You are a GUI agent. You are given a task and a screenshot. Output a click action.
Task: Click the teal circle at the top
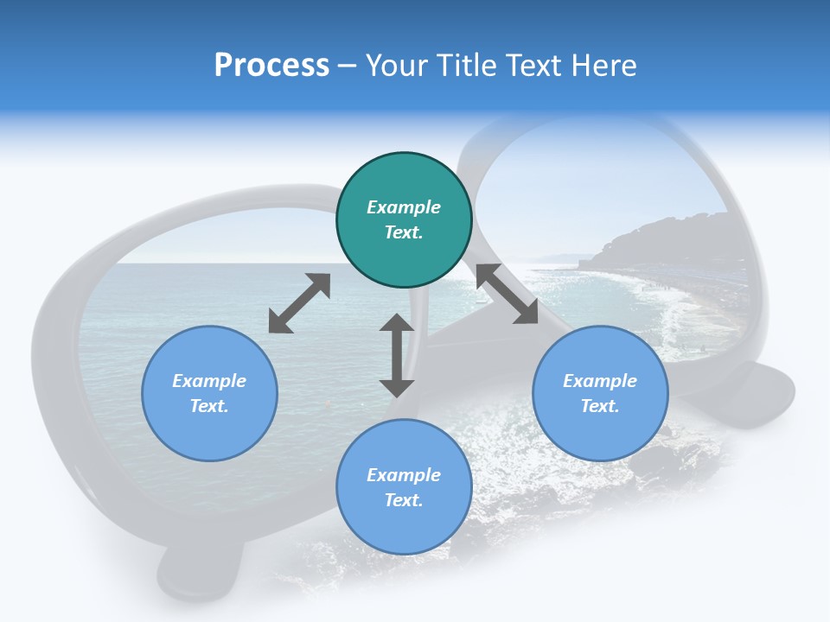(x=404, y=220)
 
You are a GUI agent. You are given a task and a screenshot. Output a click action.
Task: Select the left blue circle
(x=209, y=393)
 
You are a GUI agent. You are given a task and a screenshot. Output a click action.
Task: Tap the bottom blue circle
(x=404, y=487)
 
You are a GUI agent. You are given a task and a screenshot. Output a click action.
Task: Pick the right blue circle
(x=600, y=393)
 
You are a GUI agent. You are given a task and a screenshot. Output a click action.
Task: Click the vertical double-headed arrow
(x=397, y=356)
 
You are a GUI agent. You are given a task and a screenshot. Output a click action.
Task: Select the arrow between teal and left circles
(x=299, y=303)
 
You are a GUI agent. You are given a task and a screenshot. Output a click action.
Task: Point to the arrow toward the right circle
(x=507, y=294)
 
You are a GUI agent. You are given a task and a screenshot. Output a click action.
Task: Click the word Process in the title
(x=271, y=65)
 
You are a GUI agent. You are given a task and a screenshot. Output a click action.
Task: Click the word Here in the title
(x=604, y=65)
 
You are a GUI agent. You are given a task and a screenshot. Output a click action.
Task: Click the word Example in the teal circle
(x=404, y=207)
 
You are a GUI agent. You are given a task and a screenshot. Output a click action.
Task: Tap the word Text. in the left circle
(x=209, y=406)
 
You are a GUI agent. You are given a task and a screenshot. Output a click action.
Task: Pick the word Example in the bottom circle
(x=404, y=475)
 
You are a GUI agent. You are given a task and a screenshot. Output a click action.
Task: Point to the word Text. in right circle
(x=600, y=406)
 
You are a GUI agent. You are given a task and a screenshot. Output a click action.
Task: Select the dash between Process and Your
(x=347, y=65)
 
